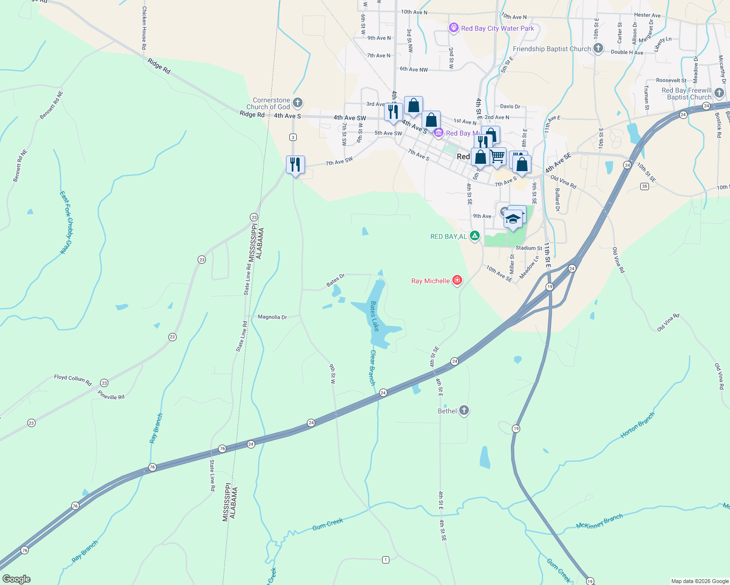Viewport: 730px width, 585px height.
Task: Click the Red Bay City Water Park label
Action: (x=497, y=28)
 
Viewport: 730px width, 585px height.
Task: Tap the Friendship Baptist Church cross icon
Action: (x=598, y=48)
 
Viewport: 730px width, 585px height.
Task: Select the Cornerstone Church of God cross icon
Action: (x=298, y=103)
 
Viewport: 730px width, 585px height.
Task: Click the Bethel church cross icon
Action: (x=464, y=410)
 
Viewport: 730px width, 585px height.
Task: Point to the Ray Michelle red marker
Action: (x=457, y=280)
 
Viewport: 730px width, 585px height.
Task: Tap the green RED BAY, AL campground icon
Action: (x=474, y=236)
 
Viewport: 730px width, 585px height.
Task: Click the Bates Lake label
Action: (x=374, y=316)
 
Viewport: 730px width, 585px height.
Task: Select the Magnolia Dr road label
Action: (x=272, y=317)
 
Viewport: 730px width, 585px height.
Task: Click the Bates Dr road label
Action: (x=336, y=280)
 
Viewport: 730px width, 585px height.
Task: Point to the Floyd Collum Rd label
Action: (x=73, y=379)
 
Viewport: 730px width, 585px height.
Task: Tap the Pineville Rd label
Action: (x=111, y=395)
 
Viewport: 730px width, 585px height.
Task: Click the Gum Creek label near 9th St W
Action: (x=328, y=524)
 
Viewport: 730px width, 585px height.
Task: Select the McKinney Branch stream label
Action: (x=599, y=522)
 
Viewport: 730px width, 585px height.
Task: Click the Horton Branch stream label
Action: (x=637, y=425)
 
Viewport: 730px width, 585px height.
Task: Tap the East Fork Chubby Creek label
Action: (x=66, y=222)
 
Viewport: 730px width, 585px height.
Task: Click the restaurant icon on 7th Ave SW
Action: (x=295, y=165)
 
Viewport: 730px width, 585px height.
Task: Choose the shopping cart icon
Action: (x=497, y=157)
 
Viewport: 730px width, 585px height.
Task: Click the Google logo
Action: (x=17, y=579)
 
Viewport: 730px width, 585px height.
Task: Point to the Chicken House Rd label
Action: (x=144, y=28)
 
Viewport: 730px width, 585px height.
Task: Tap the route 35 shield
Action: (x=645, y=186)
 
